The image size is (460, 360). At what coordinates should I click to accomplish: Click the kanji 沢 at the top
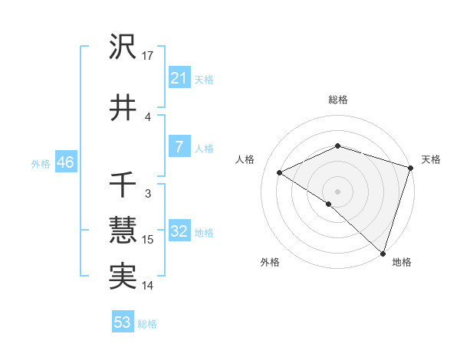click(x=123, y=47)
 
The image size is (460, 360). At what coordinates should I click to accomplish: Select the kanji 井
click(x=123, y=108)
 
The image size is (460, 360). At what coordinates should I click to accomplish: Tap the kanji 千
click(x=123, y=186)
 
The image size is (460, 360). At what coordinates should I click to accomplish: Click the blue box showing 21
click(x=179, y=77)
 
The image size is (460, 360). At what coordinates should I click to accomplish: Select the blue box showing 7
click(x=179, y=147)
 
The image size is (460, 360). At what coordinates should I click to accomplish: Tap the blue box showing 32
click(x=179, y=231)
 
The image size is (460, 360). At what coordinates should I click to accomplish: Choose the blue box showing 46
click(x=65, y=162)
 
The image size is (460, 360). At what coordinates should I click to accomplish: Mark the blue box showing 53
click(x=123, y=322)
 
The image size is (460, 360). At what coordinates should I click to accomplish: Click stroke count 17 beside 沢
click(x=149, y=56)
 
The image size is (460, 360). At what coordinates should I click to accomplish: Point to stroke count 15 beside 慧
click(x=149, y=240)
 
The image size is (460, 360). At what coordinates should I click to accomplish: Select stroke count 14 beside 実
click(x=149, y=286)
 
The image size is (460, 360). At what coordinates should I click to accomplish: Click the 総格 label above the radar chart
click(x=337, y=100)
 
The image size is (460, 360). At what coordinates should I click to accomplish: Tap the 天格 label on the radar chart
click(x=431, y=159)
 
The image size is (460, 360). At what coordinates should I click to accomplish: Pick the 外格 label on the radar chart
click(x=270, y=262)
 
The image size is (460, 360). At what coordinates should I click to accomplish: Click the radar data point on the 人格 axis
click(x=280, y=173)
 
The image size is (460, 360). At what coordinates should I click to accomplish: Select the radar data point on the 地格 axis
click(x=383, y=253)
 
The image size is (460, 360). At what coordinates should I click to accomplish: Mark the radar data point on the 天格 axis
click(x=411, y=168)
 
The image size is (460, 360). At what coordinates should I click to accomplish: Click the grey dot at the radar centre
click(x=337, y=191)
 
